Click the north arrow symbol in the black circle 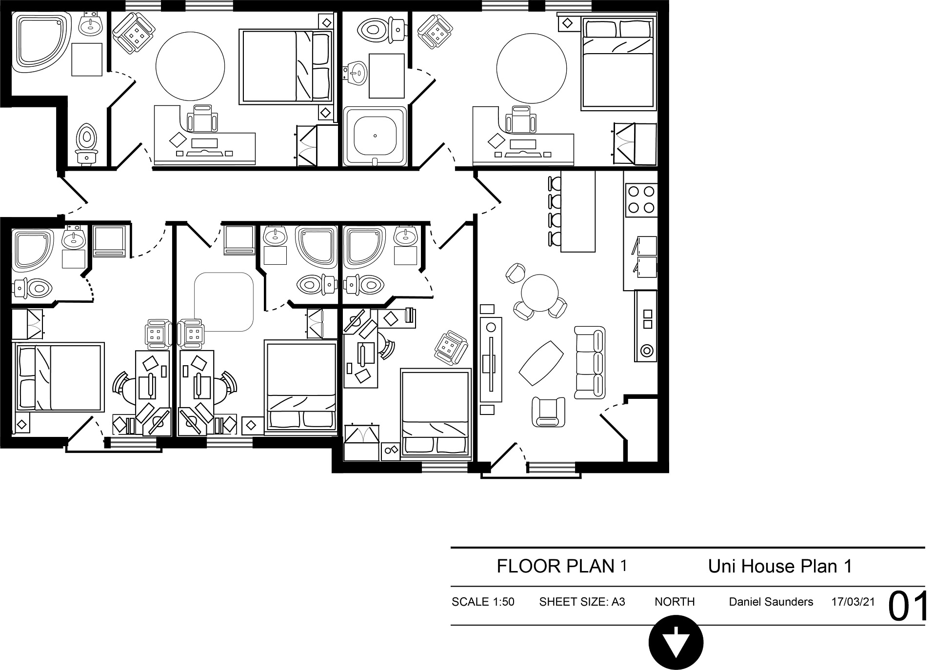pos(676,642)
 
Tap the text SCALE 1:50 pos(483,602)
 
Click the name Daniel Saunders pos(771,602)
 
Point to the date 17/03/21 pos(853,602)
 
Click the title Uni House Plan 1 pos(780,566)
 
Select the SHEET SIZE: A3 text pos(582,602)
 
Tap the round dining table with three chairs pos(539,293)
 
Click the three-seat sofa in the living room pos(590,361)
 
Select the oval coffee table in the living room pos(540,363)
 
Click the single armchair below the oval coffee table pos(548,412)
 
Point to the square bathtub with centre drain pos(375,136)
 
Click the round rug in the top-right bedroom pos(532,68)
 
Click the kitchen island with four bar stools pos(572,211)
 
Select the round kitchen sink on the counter pos(647,350)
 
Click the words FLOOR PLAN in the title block pos(556,566)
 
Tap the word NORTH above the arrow pos(675,602)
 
